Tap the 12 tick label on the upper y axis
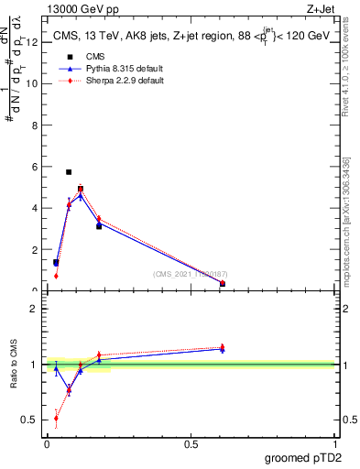coord(34,42)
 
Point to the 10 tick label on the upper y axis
coord(34,83)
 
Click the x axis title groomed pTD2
coord(305,457)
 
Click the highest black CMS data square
coord(69,172)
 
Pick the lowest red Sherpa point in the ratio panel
coord(56,418)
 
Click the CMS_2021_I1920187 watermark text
coord(190,274)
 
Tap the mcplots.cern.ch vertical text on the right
coord(345,220)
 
